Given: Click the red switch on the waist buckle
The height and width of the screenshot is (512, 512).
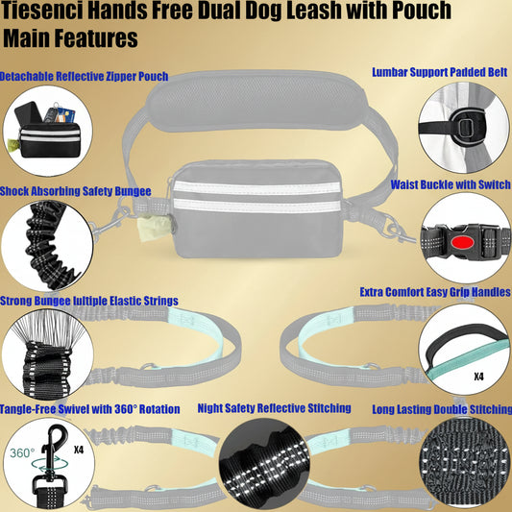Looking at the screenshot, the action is click(463, 243).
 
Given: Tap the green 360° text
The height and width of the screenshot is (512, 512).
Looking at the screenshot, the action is click(22, 452).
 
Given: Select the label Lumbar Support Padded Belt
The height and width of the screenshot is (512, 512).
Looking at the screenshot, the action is click(440, 72).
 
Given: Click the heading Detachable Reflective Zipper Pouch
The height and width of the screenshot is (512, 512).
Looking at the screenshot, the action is click(84, 76).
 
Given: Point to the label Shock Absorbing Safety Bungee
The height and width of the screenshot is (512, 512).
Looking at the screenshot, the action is click(76, 191).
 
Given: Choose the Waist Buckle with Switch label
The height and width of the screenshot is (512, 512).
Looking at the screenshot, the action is click(451, 184).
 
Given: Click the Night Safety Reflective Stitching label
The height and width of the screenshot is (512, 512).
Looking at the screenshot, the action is click(275, 408).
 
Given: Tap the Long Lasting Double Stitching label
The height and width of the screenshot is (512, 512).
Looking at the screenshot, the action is click(442, 409).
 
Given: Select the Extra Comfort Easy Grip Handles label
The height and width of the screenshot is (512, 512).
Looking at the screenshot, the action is click(435, 292).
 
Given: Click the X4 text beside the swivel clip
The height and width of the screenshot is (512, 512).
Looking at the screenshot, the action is click(79, 450).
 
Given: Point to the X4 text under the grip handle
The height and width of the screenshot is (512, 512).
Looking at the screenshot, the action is click(478, 377).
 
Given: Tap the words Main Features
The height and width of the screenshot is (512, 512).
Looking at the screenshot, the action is click(70, 37).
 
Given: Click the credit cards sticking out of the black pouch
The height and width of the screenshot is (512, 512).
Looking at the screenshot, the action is click(65, 115).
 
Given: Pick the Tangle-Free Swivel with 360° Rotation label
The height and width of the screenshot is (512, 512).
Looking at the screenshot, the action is click(89, 409).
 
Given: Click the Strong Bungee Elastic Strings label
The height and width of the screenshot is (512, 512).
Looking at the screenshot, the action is click(89, 301).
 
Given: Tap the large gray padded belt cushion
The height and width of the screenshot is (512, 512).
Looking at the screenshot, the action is click(257, 100).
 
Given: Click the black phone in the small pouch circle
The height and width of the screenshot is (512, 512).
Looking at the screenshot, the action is click(29, 113).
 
